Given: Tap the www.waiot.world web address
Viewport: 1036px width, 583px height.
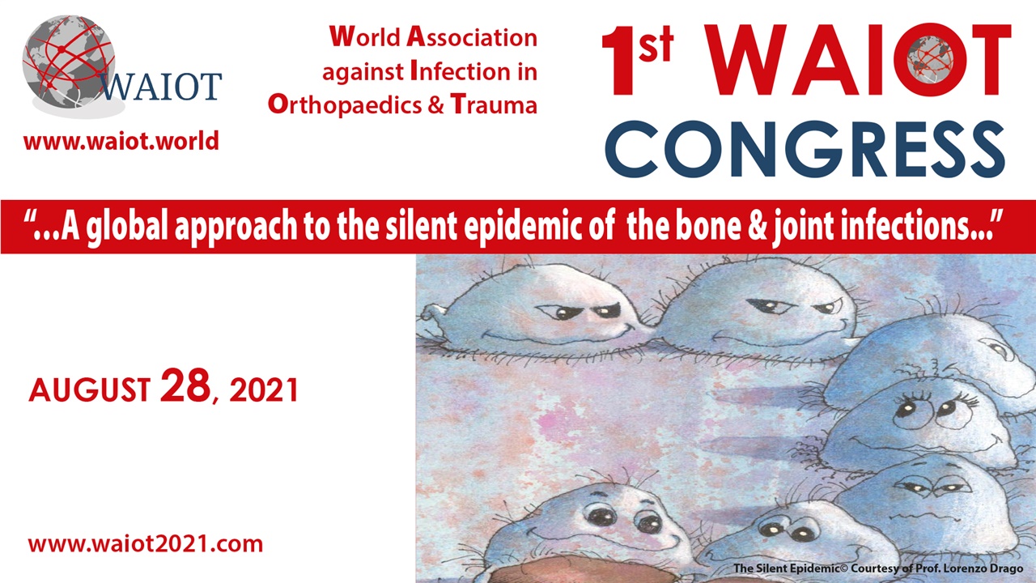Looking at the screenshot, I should pos(121,142).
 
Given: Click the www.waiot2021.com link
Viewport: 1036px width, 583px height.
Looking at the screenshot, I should pos(146,543).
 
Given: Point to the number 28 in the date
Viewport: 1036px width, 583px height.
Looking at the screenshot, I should pos(185,387).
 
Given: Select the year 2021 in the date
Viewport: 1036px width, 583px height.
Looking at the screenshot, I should pos(264,391).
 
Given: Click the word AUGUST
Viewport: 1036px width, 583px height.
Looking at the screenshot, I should pos(89,391).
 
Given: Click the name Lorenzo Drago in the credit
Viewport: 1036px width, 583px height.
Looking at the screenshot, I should pos(987,569).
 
